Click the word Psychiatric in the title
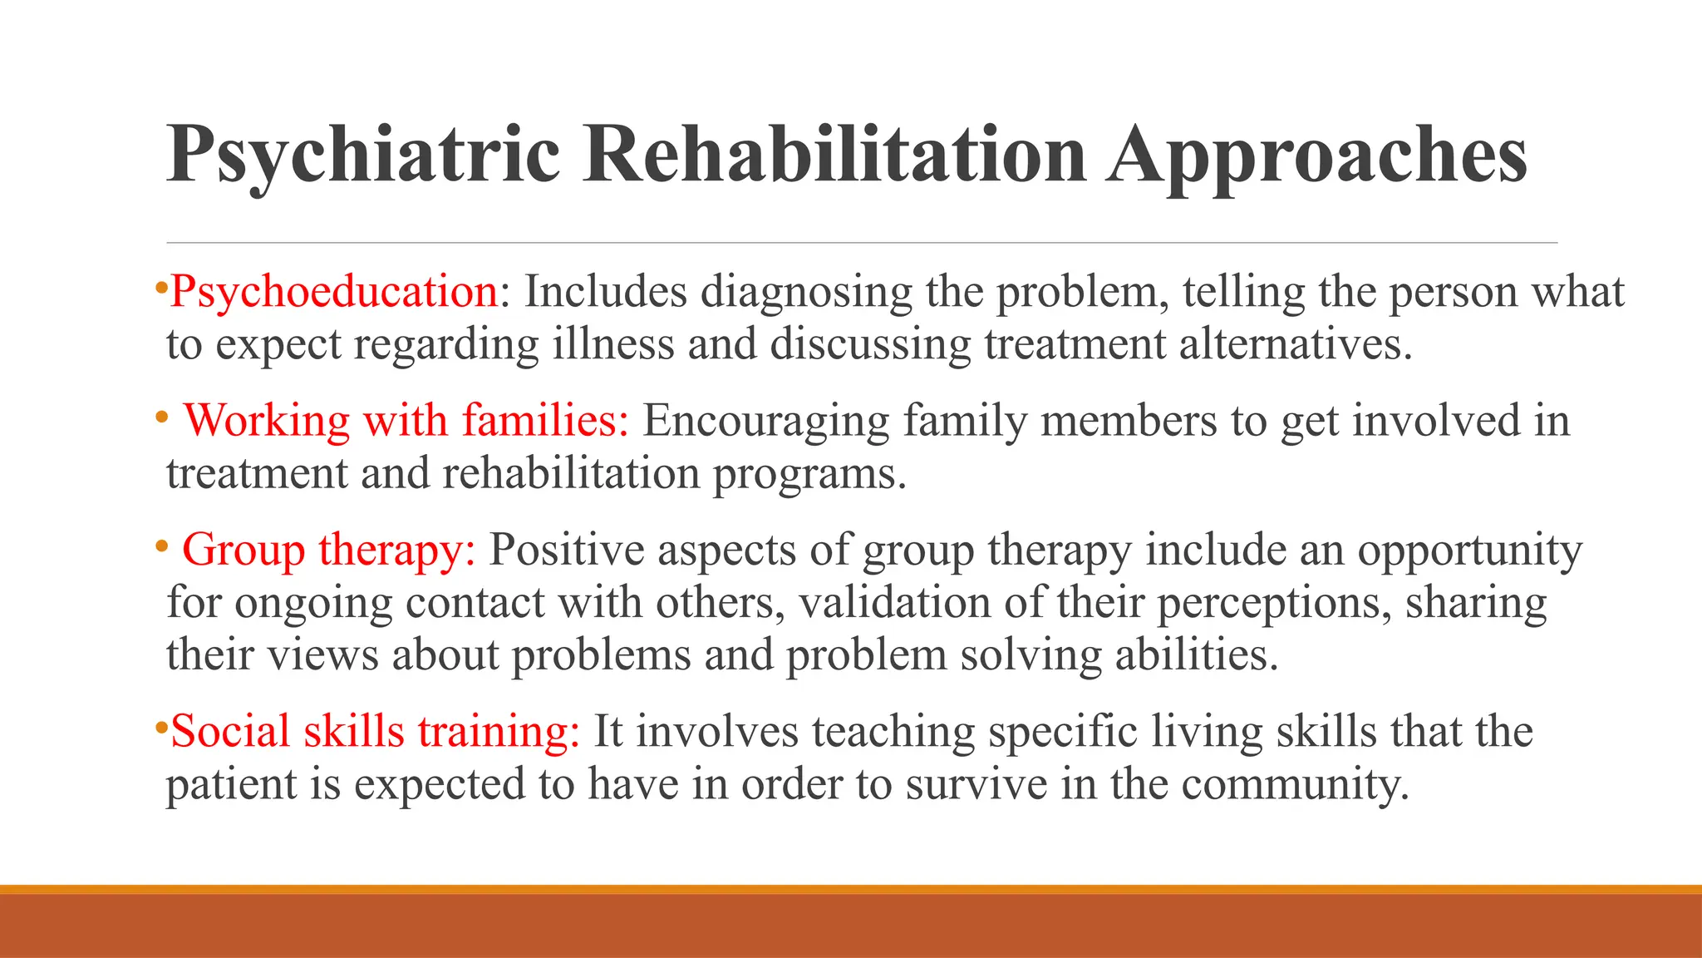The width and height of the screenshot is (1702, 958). pyautogui.click(x=363, y=156)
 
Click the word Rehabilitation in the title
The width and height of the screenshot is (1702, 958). pyautogui.click(x=835, y=156)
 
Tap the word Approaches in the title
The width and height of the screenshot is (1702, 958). pyautogui.click(x=1317, y=156)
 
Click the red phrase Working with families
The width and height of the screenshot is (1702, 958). pyautogui.click(x=406, y=420)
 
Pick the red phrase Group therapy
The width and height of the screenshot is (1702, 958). pyautogui.click(x=329, y=550)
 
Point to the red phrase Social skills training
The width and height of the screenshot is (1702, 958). pyautogui.click(x=375, y=731)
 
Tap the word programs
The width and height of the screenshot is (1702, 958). pyautogui.click(x=809, y=474)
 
